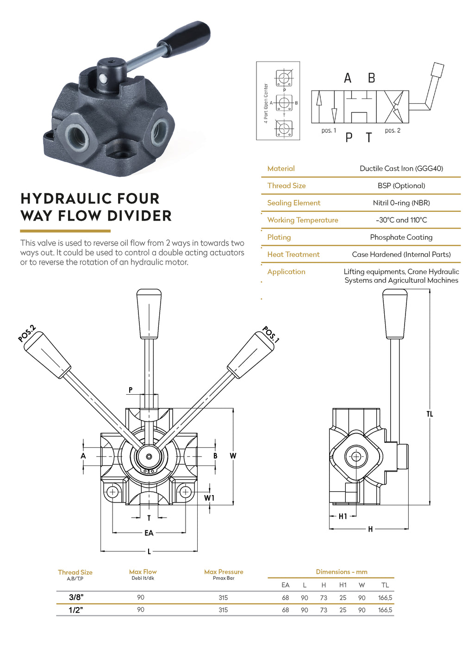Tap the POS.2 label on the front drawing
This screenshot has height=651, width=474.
coord(27,334)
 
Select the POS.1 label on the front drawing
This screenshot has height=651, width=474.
coord(271,335)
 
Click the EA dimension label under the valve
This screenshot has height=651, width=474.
coord(149,533)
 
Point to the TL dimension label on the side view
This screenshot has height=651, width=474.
coord(430,414)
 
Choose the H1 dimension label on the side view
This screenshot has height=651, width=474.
coord(343,516)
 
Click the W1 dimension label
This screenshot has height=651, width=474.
coord(209,498)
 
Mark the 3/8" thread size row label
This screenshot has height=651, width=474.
coord(75,597)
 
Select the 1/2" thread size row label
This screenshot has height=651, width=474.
coord(75,610)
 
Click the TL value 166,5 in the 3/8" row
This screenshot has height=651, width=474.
coord(385,598)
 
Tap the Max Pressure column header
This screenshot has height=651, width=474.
coord(224,572)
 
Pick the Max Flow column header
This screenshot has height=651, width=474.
coord(143,572)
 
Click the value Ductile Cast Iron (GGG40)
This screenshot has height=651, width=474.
coord(401,168)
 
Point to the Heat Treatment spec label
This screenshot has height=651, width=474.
coord(293,254)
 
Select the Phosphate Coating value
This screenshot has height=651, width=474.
coord(401,237)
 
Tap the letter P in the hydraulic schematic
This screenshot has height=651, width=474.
coord(349,137)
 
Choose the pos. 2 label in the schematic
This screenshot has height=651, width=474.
coord(393,130)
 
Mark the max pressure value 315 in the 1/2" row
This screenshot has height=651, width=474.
coord(223,610)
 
